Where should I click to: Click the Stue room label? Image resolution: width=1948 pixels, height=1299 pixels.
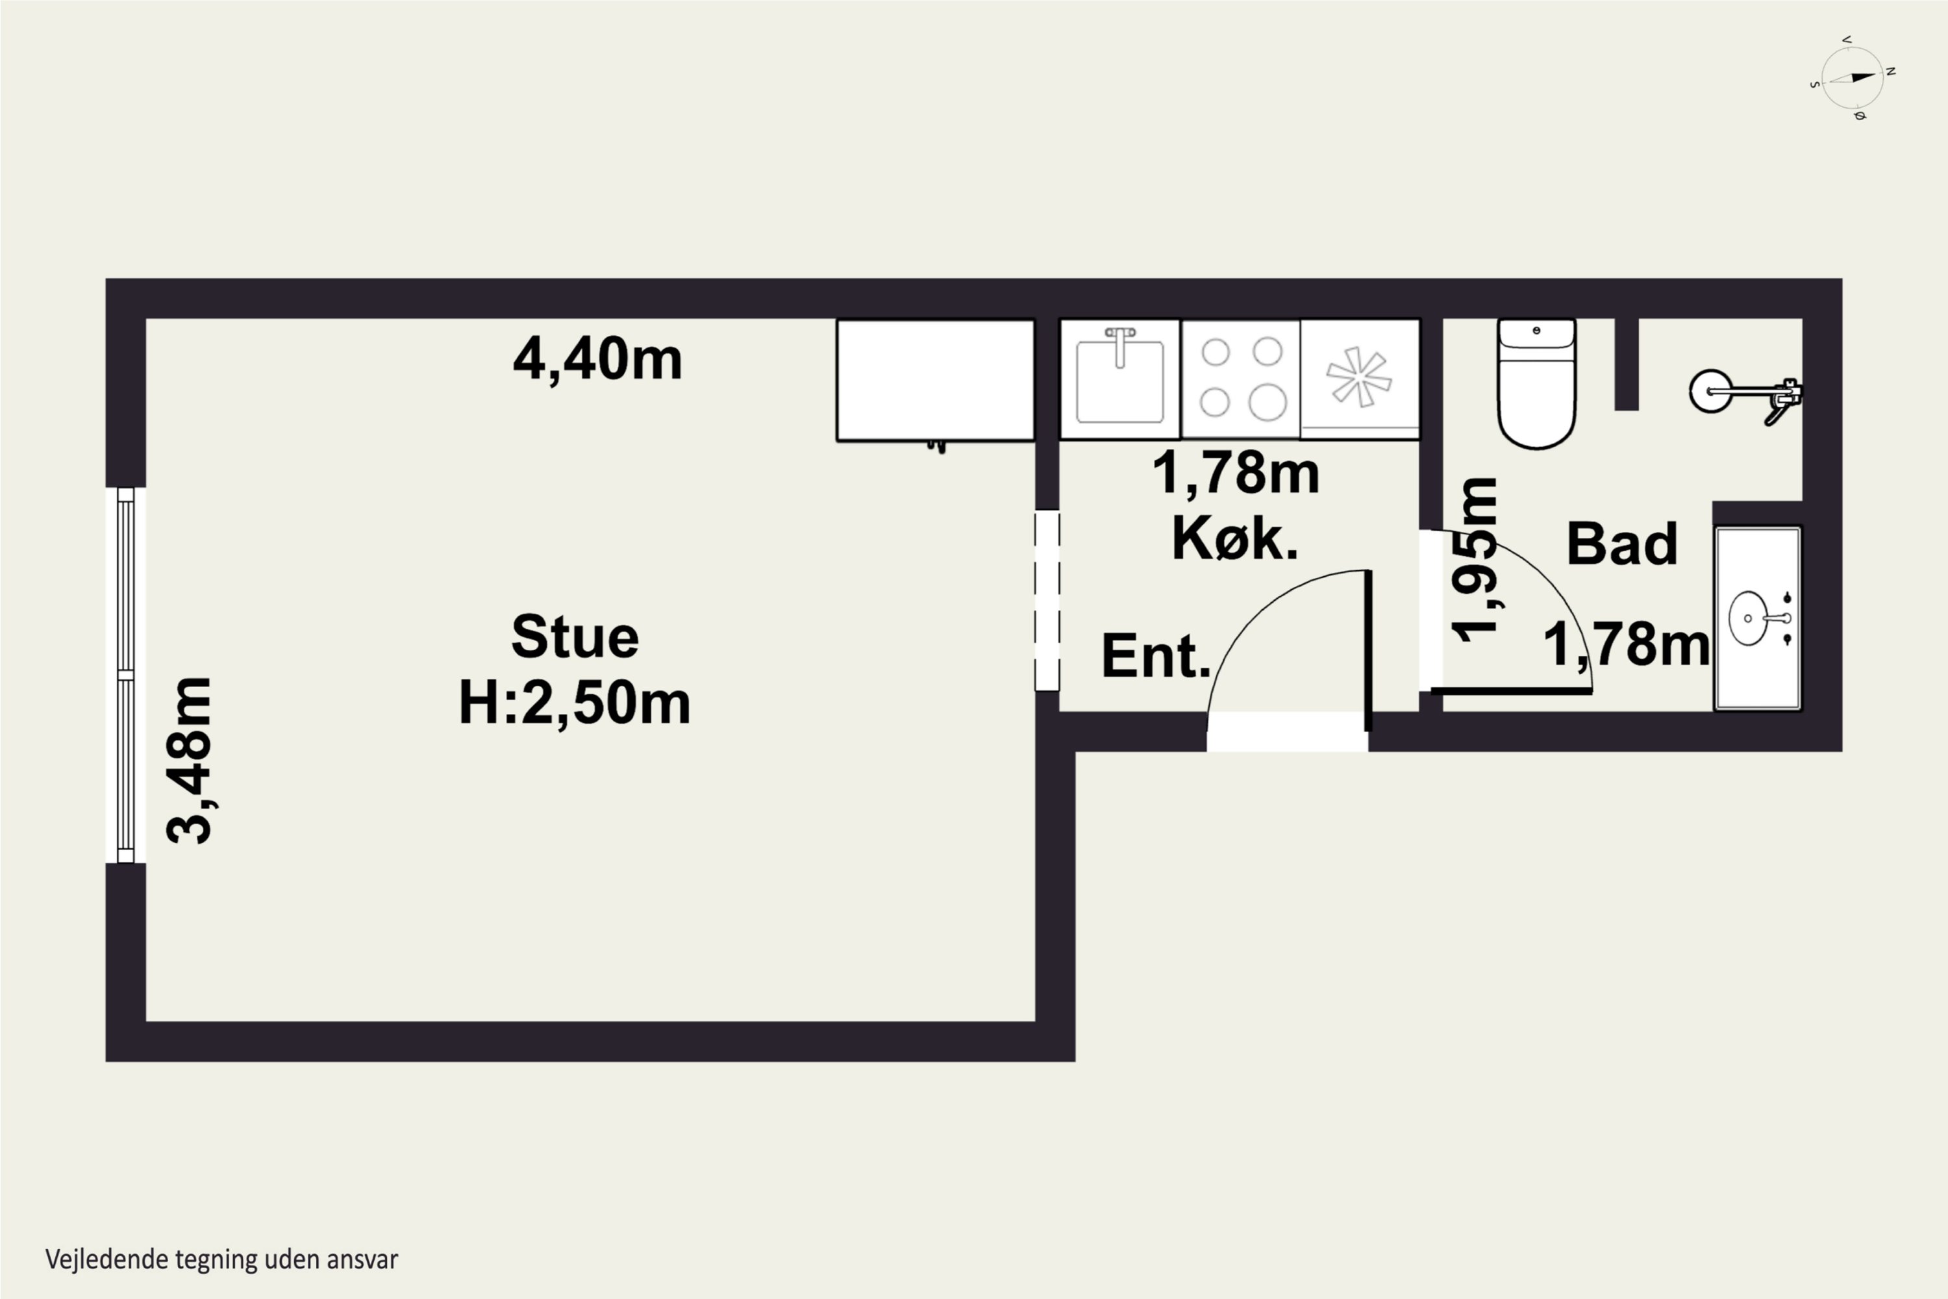[575, 637]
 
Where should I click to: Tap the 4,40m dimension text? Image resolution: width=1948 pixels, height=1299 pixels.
[597, 360]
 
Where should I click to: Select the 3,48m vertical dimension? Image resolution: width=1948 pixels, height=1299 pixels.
[189, 761]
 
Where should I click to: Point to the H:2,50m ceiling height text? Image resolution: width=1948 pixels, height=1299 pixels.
[574, 703]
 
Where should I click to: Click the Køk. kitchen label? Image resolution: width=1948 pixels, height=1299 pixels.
[1234, 539]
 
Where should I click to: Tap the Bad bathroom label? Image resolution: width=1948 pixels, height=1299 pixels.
[1621, 544]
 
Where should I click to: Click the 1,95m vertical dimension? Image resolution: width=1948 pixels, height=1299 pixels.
[1475, 560]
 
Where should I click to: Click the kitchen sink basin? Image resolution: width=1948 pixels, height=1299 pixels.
[1119, 380]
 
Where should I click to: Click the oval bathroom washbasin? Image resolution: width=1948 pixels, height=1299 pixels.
[1749, 618]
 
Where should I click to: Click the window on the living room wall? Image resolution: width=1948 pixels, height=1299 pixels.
[126, 675]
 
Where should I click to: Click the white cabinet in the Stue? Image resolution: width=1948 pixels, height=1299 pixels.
[935, 380]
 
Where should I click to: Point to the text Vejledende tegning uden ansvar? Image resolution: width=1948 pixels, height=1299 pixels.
[221, 1259]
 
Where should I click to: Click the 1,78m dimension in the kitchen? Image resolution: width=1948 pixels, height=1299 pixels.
[1236, 472]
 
